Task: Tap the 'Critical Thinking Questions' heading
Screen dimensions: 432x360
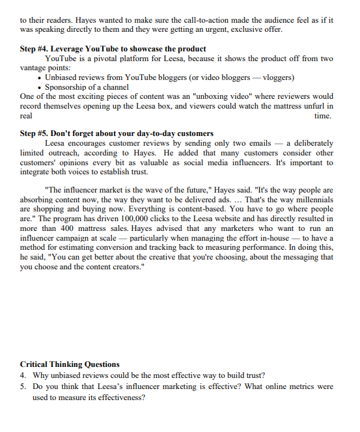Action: (x=70, y=364)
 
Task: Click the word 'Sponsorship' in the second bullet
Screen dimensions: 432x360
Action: (x=67, y=87)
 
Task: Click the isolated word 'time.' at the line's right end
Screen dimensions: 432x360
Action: (x=323, y=116)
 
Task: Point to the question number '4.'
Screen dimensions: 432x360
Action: (x=23, y=375)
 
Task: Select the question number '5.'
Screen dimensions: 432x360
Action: (x=23, y=386)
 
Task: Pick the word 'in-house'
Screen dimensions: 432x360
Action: (x=279, y=238)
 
